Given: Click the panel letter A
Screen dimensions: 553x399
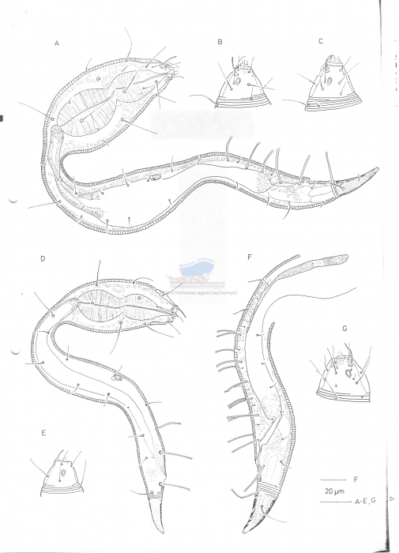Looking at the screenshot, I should click(57, 44).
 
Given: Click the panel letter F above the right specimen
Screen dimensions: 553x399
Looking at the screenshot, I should click(249, 258).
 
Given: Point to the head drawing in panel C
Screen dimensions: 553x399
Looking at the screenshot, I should click(333, 84).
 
